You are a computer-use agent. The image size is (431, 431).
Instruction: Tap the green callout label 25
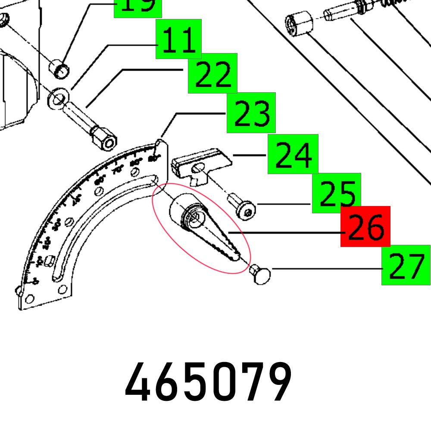[336, 193]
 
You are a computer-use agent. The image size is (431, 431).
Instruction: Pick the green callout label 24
[293, 154]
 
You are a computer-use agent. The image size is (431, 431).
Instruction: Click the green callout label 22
[212, 73]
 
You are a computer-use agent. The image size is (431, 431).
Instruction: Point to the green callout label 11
[178, 39]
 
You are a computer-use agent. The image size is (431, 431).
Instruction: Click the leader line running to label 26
[284, 233]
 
